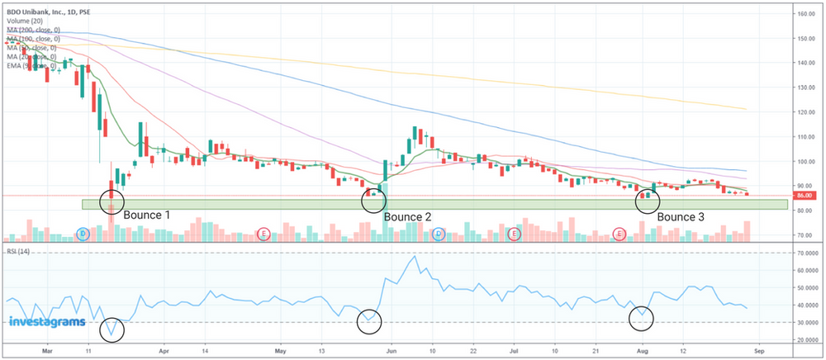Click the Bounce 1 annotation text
tap(147, 215)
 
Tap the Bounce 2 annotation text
tap(408, 217)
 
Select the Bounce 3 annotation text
tap(681, 217)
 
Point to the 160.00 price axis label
tap(806, 14)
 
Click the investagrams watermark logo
tap(47, 321)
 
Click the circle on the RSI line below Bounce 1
tap(112, 329)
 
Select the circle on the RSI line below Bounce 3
tap(642, 317)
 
